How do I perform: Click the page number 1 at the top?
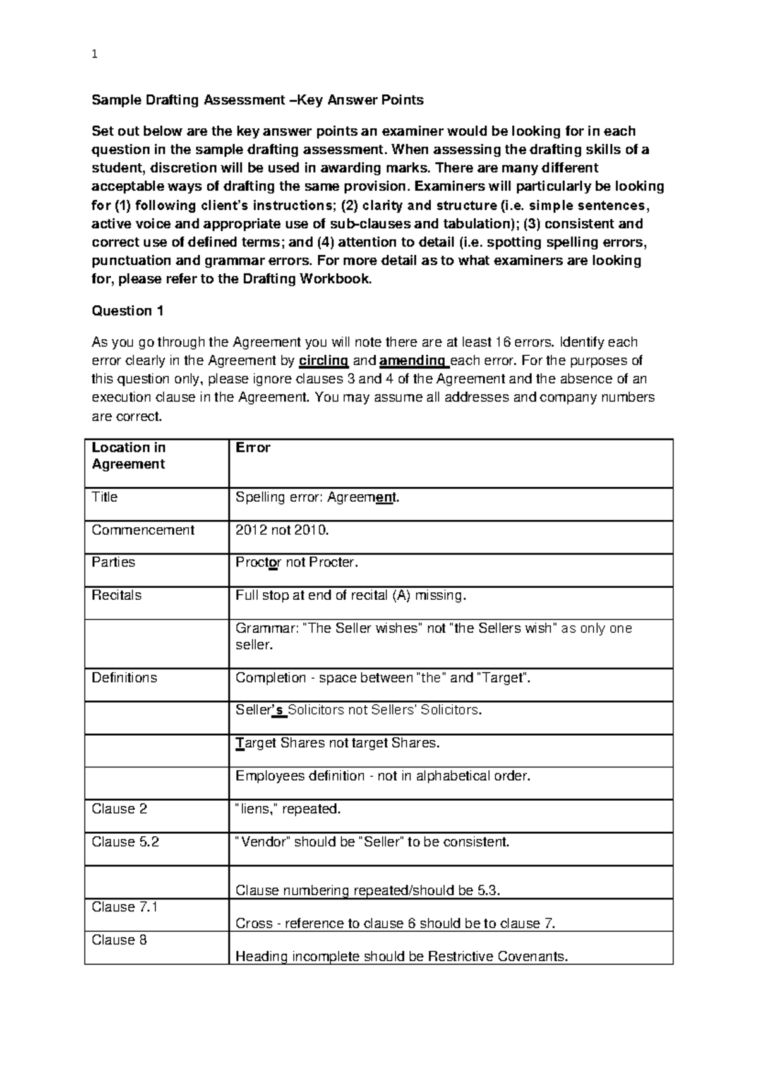pyautogui.click(x=95, y=55)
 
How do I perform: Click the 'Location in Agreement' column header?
pyautogui.click(x=128, y=456)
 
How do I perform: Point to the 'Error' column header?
pyautogui.click(x=253, y=448)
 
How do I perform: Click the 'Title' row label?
pyautogui.click(x=105, y=497)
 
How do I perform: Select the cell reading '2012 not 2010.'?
pyautogui.click(x=282, y=530)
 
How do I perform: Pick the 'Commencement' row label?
pyautogui.click(x=143, y=530)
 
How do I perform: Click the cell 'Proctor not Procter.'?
pyautogui.click(x=296, y=563)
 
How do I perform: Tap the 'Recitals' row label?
pyautogui.click(x=117, y=595)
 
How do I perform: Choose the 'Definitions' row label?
pyautogui.click(x=124, y=678)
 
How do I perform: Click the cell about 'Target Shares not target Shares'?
pyautogui.click(x=337, y=743)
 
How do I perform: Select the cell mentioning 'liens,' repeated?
pyautogui.click(x=287, y=809)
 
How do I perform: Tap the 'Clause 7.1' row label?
pyautogui.click(x=124, y=907)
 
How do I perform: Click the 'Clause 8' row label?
pyautogui.click(x=119, y=940)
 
